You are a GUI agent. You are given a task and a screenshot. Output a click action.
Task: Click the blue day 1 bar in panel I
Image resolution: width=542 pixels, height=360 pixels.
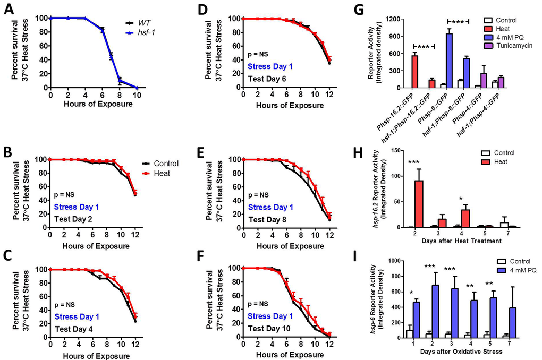pos(419,319)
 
